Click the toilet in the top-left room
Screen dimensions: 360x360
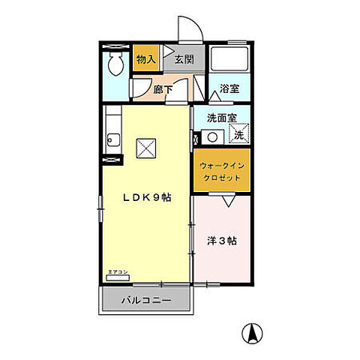pyautogui.click(x=115, y=66)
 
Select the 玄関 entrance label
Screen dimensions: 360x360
pyautogui.click(x=184, y=60)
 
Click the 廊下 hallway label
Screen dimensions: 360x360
pyautogui.click(x=163, y=88)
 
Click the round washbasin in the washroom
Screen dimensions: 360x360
pyautogui.click(x=212, y=137)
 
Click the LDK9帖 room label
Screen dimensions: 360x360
pyautogui.click(x=146, y=197)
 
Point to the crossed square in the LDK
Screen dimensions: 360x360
pyautogui.click(x=145, y=148)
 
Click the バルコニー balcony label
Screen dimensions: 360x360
pyautogui.click(x=147, y=301)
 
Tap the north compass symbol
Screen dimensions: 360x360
pyautogui.click(x=255, y=332)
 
